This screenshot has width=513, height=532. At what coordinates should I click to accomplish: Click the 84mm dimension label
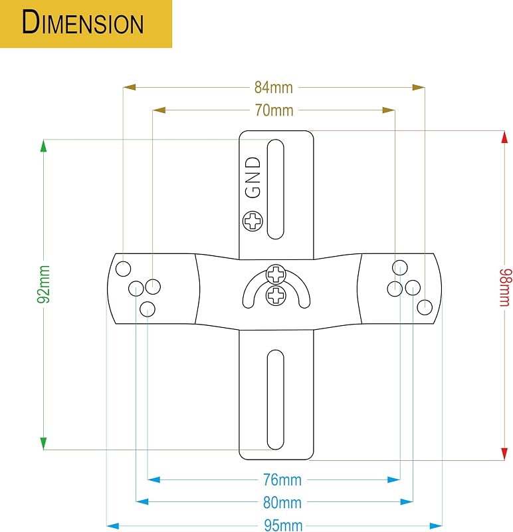tap(273, 88)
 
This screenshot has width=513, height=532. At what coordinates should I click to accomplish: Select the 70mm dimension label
tap(274, 110)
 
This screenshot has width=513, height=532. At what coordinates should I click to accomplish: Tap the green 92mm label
tap(44, 285)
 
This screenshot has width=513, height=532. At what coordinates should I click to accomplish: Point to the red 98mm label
tap(504, 288)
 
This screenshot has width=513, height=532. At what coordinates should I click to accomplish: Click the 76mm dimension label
tap(282, 479)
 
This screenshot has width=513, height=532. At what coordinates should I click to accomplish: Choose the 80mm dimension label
tap(282, 503)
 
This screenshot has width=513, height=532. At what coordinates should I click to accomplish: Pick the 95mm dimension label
tap(283, 525)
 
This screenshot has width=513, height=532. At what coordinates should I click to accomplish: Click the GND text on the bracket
tap(253, 177)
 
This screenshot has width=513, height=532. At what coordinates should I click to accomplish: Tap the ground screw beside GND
tap(253, 221)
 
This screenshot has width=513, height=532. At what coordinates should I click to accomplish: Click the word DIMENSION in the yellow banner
tap(82, 23)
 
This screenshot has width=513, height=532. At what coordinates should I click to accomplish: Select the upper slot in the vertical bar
tap(275, 190)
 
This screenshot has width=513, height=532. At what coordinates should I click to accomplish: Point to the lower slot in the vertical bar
tap(275, 400)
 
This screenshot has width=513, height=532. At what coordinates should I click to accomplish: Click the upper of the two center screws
tap(276, 274)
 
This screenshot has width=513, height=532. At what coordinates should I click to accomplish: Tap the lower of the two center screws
tap(276, 295)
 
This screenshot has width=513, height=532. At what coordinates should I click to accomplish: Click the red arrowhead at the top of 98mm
tap(504, 137)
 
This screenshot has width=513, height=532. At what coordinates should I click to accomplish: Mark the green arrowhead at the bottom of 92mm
tap(43, 444)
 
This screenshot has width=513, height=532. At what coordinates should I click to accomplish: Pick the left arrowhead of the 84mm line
tap(129, 88)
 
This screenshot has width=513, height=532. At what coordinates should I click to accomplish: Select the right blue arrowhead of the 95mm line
tap(436, 526)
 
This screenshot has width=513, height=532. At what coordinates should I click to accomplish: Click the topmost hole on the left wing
tap(123, 269)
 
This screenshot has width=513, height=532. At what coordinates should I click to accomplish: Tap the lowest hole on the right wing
tap(425, 307)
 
